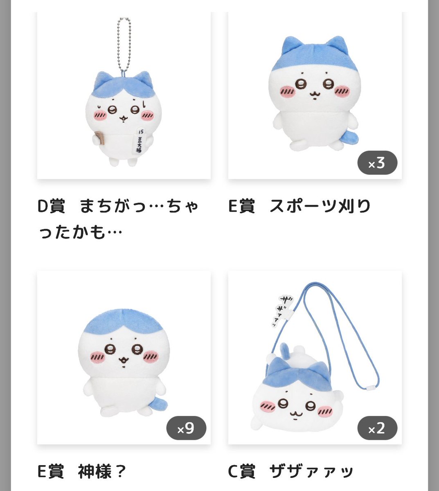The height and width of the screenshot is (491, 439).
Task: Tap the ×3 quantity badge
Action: [377, 164]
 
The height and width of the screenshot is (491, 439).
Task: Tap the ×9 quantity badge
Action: [186, 428]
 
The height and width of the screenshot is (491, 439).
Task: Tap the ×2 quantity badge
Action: [377, 428]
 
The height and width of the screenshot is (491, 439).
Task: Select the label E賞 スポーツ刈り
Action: [299, 206]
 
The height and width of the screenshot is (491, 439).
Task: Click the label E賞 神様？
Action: [81, 471]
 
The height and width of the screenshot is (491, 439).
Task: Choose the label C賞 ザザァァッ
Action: [290, 471]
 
